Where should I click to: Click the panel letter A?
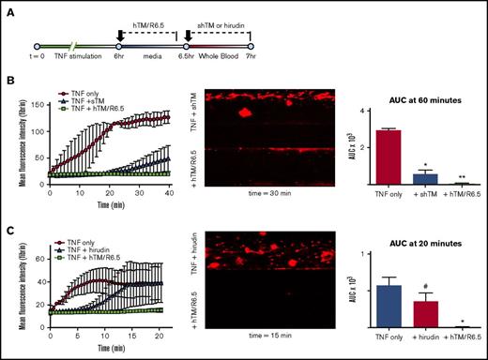tap(8, 7)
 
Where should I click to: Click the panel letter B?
tap(8, 86)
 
